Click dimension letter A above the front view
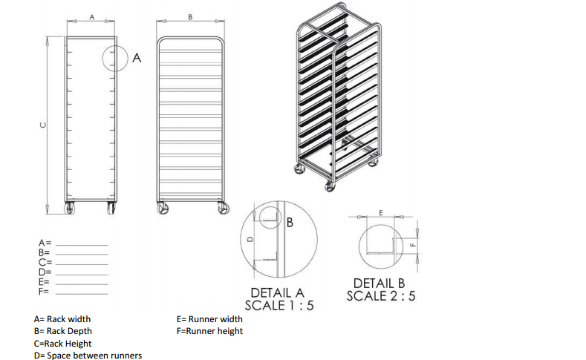point(92,17)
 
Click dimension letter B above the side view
point(190,17)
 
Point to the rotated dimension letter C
point(43,125)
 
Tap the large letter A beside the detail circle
point(137,58)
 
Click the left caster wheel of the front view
point(70,209)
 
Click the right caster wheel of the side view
point(224,209)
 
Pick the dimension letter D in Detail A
point(250,239)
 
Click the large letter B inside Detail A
point(290,223)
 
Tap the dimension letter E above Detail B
point(381,213)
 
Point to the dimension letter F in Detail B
point(413,245)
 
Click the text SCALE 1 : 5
point(279,306)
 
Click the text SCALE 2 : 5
point(381,296)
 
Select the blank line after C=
point(82,264)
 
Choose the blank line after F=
point(82,294)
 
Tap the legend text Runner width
point(215,319)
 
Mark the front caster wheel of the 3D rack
point(330,186)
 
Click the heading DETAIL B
point(379,284)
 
